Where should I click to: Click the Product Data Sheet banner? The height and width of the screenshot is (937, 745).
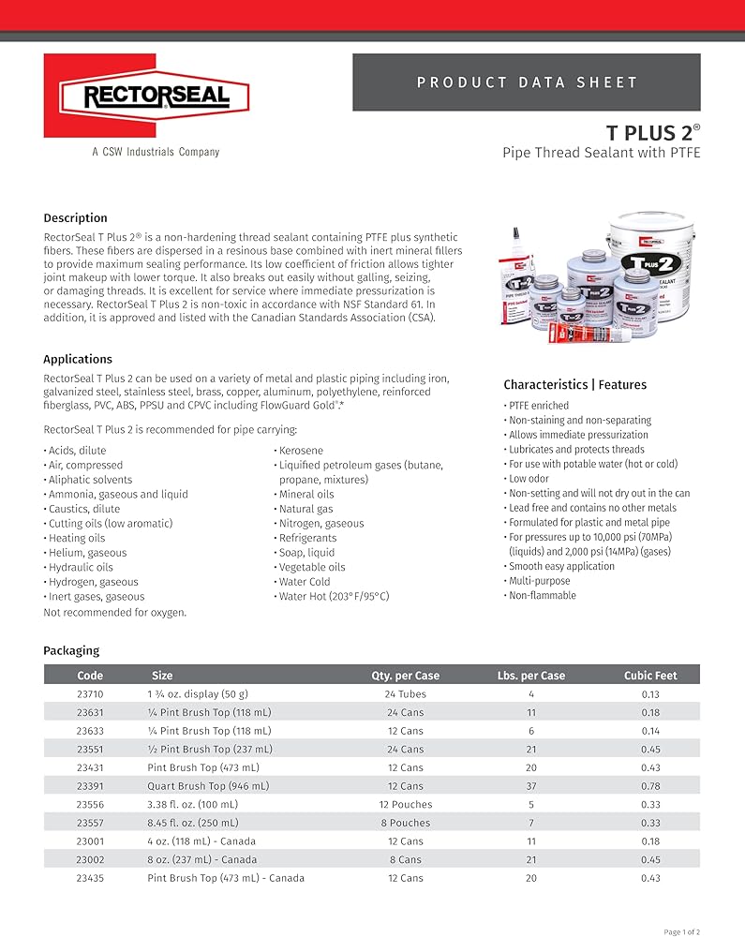[527, 82]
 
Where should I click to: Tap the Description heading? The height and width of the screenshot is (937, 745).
[75, 218]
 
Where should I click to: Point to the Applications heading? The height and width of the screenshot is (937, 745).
[78, 359]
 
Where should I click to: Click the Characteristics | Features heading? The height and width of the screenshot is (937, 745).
[574, 384]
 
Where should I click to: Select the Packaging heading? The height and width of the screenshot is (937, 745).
[71, 650]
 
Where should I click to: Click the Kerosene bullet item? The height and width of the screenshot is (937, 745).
[301, 451]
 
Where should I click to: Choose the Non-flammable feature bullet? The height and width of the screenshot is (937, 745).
[542, 596]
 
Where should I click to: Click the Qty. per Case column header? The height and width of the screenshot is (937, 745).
[405, 676]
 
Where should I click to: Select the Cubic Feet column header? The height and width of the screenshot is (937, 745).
[650, 676]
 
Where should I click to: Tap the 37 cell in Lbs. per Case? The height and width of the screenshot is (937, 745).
[530, 786]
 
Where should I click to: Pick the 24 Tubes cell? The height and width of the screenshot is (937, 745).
[405, 694]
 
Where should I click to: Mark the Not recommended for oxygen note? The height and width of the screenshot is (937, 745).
[114, 612]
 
